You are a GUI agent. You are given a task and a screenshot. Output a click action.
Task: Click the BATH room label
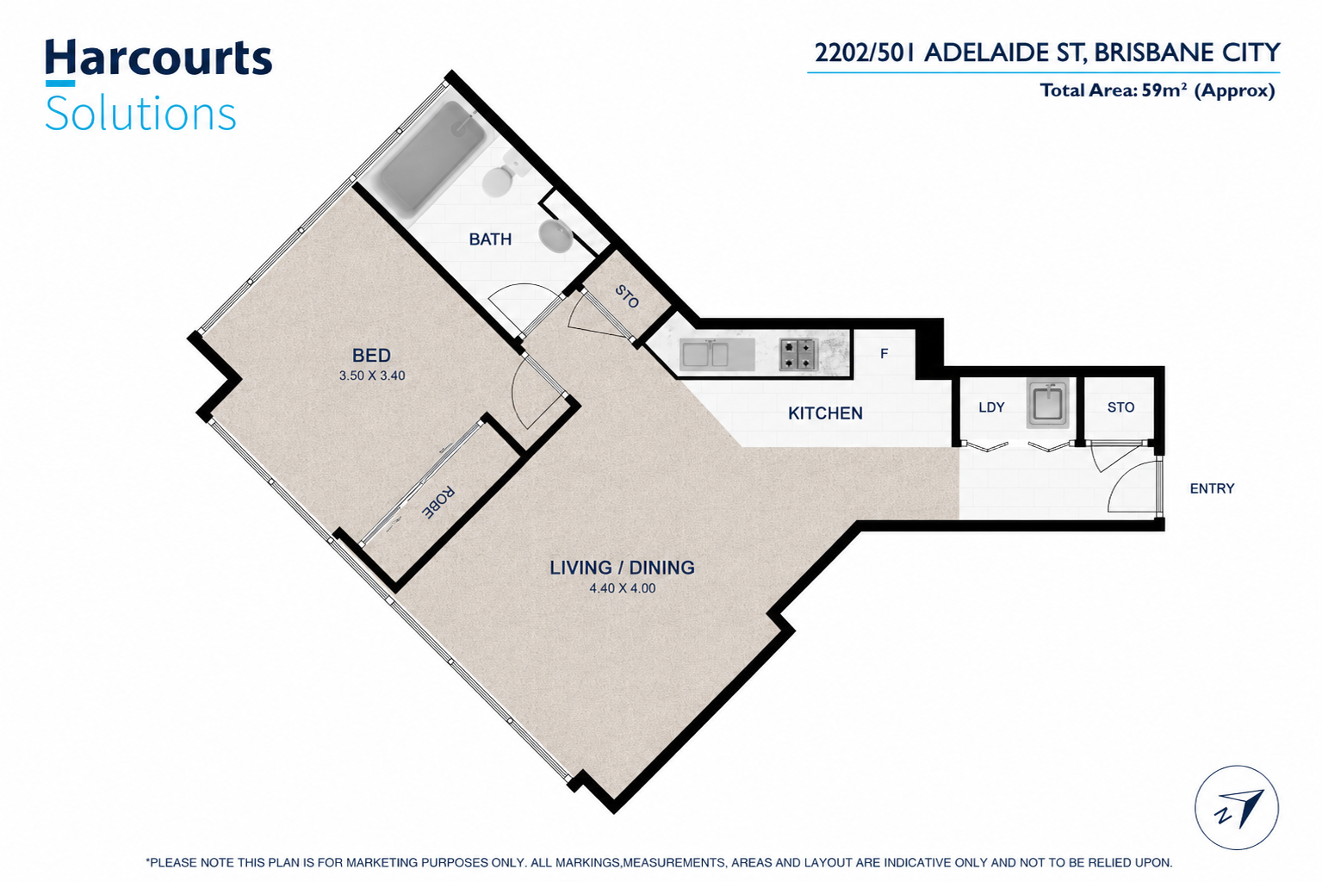[x=490, y=239]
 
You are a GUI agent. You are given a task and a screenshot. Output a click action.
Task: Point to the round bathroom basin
[x=555, y=236]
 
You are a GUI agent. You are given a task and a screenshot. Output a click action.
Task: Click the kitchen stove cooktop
[x=798, y=354]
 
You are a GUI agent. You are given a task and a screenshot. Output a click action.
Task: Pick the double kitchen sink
[x=704, y=354]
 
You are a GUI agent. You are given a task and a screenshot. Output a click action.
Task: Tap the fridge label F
[x=884, y=354]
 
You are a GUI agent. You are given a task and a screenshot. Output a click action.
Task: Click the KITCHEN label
[x=825, y=413]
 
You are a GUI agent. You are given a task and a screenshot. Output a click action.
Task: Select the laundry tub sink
[x=1048, y=403]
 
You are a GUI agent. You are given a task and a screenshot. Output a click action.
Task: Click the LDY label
[x=991, y=407]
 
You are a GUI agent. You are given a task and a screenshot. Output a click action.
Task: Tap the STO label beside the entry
[x=1120, y=407]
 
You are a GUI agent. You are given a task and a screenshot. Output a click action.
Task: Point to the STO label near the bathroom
[x=627, y=296]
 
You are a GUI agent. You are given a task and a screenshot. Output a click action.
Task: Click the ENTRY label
[x=1212, y=489]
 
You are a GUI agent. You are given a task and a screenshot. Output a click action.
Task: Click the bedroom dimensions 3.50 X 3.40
[x=372, y=376]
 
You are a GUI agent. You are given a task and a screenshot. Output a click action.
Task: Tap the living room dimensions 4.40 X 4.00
[x=622, y=588]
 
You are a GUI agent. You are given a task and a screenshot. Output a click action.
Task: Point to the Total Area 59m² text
[x=1158, y=91]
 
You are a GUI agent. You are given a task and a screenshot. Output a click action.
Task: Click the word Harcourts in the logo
[x=158, y=58]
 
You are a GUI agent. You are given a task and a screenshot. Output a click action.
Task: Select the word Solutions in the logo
[x=140, y=114]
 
